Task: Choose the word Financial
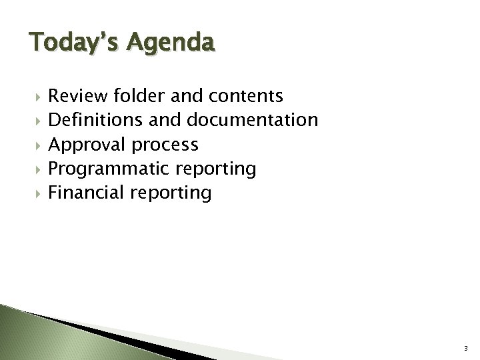click(88, 193)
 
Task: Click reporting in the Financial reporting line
click(172, 194)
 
